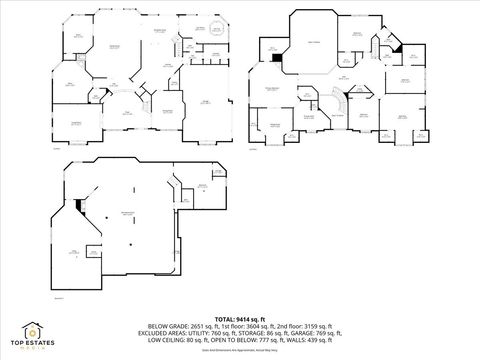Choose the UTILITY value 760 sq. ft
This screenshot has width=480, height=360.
(238, 333)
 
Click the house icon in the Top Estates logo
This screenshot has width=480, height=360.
(33, 327)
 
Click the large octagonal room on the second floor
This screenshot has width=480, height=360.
(314, 44)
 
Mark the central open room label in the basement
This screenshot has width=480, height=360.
(127, 216)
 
